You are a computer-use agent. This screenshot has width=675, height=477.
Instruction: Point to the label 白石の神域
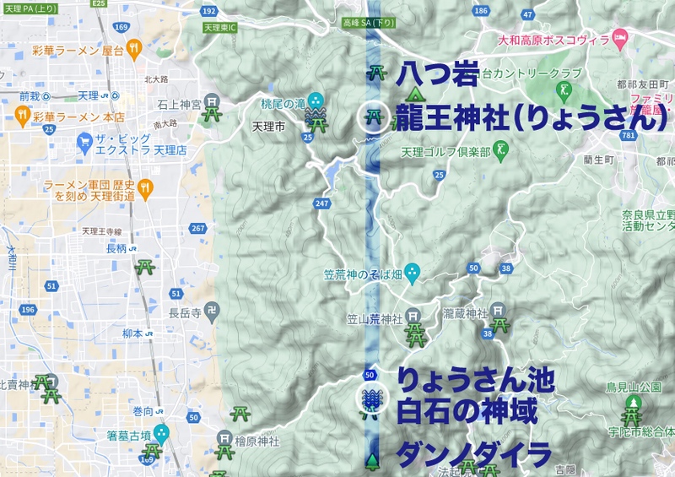tap(467, 413)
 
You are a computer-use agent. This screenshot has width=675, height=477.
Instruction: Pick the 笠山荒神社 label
tap(375, 318)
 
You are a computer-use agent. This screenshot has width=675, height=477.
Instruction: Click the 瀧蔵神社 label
tap(466, 313)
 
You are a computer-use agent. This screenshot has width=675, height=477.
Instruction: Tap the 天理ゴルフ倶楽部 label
tap(446, 153)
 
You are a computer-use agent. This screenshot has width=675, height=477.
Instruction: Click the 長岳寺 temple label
tap(184, 312)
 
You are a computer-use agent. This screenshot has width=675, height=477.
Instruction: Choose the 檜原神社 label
tap(257, 440)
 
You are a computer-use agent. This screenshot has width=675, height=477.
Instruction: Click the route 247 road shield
tap(321, 203)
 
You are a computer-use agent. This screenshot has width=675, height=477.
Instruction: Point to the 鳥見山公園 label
tap(633, 388)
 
